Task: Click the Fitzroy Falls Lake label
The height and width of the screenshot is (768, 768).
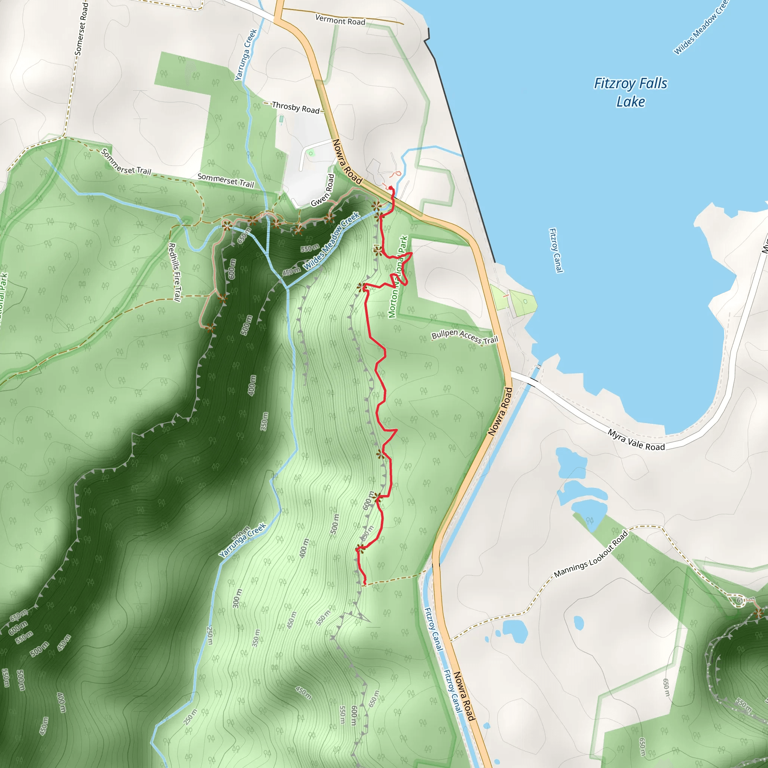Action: (x=630, y=92)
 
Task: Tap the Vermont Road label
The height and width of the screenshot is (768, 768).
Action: (x=340, y=20)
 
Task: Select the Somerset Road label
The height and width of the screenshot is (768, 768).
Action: (x=81, y=28)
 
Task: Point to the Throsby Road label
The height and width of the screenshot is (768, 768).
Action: (x=296, y=107)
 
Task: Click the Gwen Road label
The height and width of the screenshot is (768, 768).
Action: (x=322, y=190)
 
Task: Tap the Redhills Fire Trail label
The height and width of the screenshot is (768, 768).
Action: (x=174, y=272)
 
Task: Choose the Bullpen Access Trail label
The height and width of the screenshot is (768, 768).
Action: (x=465, y=337)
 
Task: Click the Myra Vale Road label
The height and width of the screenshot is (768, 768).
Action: (x=636, y=440)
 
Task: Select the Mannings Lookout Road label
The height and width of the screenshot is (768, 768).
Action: (x=591, y=554)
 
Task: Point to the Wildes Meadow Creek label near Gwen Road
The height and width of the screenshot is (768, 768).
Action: (x=331, y=241)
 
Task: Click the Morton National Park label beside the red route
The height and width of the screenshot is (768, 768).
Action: (x=398, y=277)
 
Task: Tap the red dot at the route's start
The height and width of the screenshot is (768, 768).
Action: (x=390, y=187)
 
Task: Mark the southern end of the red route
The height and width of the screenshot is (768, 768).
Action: (x=364, y=584)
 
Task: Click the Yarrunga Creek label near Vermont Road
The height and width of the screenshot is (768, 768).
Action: (x=246, y=54)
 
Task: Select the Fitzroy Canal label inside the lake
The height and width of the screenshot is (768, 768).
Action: (x=555, y=250)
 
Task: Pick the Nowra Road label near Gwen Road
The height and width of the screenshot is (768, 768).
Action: (x=347, y=162)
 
